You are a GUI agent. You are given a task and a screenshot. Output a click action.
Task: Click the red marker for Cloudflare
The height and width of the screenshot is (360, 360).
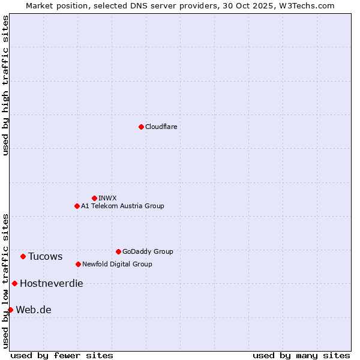[141, 127]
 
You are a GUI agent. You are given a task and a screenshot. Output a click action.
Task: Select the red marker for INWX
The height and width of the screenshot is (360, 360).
[94, 198]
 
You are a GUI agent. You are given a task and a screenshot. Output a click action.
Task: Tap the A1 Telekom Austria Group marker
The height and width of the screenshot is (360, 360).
[77, 206]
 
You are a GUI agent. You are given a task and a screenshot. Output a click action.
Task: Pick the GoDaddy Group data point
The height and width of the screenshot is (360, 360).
[118, 251]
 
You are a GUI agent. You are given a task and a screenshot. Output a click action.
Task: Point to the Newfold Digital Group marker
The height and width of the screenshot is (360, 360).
[78, 264]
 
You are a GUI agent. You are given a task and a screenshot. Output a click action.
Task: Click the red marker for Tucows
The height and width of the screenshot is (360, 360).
[23, 256]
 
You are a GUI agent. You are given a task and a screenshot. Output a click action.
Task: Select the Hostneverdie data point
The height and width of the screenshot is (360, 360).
[14, 283]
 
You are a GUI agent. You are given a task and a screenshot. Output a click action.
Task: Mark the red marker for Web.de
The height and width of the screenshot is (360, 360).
[10, 310]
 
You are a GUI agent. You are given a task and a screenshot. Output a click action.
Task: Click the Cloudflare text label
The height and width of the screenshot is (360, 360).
[161, 127]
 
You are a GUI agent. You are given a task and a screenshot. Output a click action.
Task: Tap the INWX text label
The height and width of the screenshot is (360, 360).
[107, 198]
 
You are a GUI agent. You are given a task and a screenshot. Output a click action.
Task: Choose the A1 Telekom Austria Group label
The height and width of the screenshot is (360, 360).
[122, 206]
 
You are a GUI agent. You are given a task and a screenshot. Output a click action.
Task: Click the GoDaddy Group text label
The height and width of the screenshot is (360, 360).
[148, 251]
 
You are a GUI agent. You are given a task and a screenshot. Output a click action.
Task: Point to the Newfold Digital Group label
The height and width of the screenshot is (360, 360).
[117, 264]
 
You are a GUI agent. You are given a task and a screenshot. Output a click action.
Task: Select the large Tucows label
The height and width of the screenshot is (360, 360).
[46, 257]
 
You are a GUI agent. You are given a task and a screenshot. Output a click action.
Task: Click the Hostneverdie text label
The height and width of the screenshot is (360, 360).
[52, 284]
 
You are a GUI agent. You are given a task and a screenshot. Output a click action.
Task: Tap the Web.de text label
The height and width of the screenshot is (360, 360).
[34, 310]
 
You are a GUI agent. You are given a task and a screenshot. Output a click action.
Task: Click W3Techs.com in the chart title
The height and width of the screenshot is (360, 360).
[306, 5]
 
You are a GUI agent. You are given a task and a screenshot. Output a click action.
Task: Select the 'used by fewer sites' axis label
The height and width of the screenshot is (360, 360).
[62, 355]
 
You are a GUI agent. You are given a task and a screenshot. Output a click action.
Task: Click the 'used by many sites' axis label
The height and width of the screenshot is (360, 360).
[301, 355]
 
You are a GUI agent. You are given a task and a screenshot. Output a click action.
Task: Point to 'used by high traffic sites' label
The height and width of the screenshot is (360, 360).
[5, 85]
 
